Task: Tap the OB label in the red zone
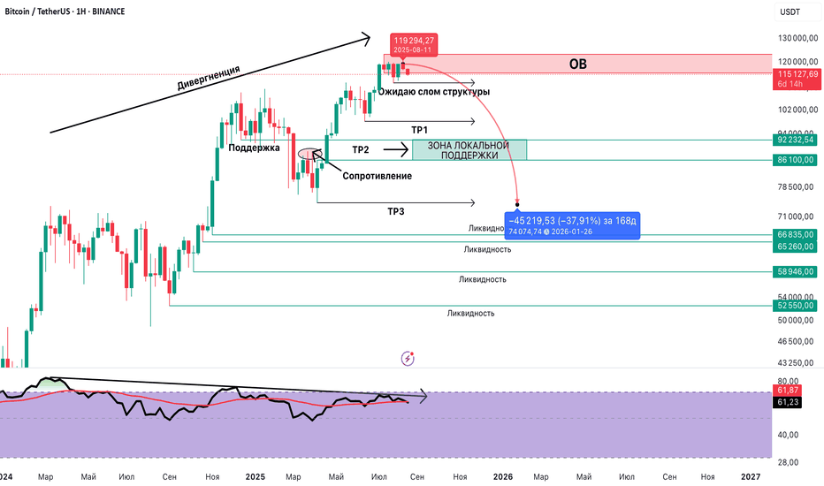pos(576,64)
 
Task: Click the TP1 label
pos(419,130)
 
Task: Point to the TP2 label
pos(361,149)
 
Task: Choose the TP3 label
pos(396,211)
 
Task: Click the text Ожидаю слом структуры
pos(434,91)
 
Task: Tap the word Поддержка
pos(254,148)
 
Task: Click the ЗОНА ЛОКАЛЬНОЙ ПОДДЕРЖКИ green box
pos(469,150)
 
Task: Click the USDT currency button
pos(789,11)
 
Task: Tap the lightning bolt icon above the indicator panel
pos(408,358)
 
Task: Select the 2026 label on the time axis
pos(503,477)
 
